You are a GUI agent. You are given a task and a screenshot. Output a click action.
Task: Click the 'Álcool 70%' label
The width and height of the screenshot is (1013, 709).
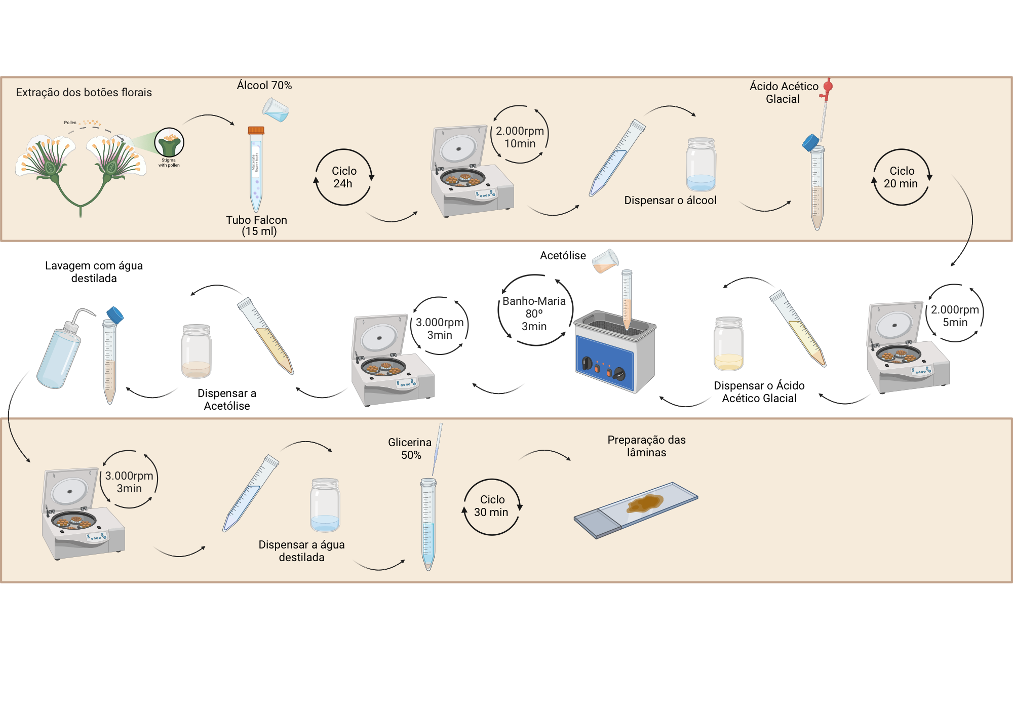tap(264, 85)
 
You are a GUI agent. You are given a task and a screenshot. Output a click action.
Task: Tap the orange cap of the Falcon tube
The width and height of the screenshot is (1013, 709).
tap(256, 130)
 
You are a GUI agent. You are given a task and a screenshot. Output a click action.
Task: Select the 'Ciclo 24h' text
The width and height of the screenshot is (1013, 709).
tap(344, 177)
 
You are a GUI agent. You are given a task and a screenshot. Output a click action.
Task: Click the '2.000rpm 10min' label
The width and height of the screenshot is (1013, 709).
tap(520, 137)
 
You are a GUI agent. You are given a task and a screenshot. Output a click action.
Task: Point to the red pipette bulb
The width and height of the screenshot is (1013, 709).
tap(828, 86)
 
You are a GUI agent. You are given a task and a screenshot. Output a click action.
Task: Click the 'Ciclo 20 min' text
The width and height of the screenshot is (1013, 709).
tap(902, 177)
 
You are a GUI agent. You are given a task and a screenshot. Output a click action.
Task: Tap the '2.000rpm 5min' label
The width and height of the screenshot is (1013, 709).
tap(955, 316)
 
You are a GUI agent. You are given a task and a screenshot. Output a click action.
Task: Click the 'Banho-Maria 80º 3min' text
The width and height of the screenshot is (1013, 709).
tap(534, 313)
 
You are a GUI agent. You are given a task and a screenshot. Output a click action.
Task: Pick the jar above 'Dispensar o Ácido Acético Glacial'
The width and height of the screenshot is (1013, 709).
tap(728, 344)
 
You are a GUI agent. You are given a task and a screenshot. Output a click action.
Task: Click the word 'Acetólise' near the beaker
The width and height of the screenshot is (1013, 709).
tap(563, 256)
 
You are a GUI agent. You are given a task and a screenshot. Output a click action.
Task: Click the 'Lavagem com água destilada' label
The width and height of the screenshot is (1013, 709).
tap(94, 272)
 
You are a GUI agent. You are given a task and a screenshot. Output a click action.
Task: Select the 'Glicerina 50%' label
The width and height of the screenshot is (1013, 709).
tap(410, 449)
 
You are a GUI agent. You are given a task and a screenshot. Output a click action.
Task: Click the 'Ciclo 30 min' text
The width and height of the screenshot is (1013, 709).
tap(492, 506)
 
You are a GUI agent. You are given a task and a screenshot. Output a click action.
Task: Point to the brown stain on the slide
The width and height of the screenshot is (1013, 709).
tap(644, 503)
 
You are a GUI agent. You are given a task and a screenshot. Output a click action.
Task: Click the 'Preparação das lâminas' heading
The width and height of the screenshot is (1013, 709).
tap(646, 446)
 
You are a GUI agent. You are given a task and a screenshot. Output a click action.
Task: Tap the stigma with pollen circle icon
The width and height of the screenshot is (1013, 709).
tap(169, 142)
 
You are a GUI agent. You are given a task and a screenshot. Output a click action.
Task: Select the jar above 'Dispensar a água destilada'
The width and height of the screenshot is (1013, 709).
tap(325, 505)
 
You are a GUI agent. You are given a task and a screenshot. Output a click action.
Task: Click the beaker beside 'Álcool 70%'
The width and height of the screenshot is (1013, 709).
tap(276, 110)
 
